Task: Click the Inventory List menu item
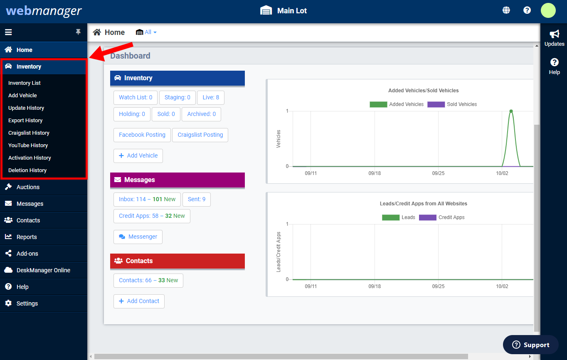(x=25, y=83)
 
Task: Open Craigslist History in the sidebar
(x=29, y=133)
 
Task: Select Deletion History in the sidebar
(x=27, y=170)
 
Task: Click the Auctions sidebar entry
(x=28, y=187)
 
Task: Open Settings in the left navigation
(x=27, y=303)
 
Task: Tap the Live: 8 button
(x=211, y=97)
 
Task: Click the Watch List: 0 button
(x=136, y=97)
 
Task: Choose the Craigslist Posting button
(x=200, y=135)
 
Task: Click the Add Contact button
(x=139, y=301)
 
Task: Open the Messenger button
(x=138, y=237)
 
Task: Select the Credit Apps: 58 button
(x=152, y=216)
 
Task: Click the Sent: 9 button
(x=197, y=199)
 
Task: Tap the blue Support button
(x=530, y=345)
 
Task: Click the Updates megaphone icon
(x=554, y=34)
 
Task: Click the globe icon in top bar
(x=506, y=10)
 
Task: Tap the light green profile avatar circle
(x=548, y=10)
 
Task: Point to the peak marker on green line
(x=511, y=111)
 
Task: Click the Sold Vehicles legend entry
(x=452, y=104)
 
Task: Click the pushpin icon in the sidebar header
(x=78, y=32)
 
